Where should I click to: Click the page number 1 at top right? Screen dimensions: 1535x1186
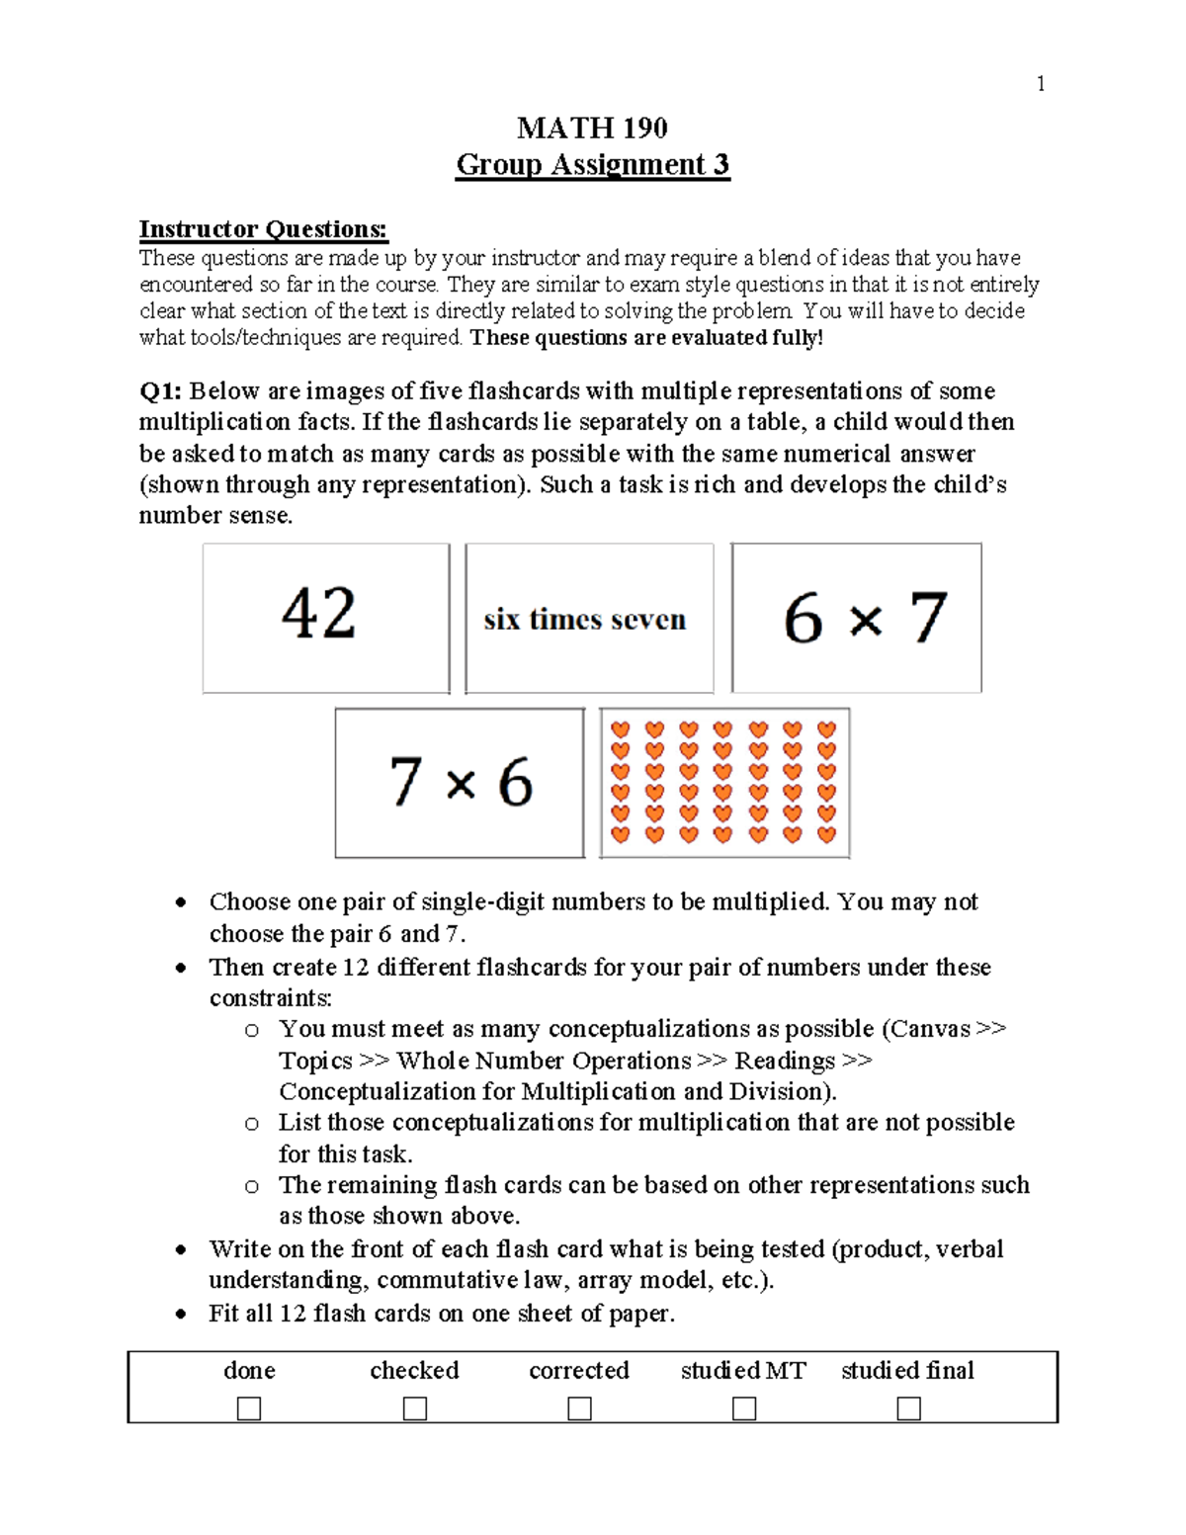pos(1040,84)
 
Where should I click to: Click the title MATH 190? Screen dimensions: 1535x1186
pos(592,128)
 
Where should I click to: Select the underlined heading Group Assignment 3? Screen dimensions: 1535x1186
pos(592,164)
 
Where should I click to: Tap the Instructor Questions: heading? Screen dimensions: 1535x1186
pos(263,229)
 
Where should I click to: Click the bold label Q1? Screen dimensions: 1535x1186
pos(159,391)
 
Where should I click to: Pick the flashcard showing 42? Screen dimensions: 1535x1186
pos(326,618)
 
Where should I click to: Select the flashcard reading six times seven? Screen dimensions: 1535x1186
pos(589,619)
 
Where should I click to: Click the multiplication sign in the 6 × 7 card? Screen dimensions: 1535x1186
pos(865,621)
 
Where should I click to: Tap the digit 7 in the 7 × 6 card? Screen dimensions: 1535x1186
pos(405,782)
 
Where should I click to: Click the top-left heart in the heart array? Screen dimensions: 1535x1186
pos(621,729)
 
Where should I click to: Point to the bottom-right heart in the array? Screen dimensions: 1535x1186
pos(827,834)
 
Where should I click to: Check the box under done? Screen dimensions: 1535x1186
pos(249,1407)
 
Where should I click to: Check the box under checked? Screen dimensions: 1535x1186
pos(415,1407)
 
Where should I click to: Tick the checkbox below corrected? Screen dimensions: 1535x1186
pos(579,1407)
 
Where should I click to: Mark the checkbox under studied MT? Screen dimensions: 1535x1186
pos(744,1407)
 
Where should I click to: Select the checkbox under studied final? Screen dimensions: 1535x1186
pos(908,1407)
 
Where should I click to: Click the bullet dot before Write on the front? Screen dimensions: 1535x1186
pos(180,1249)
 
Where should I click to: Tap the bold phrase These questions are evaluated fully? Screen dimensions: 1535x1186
pos(646,338)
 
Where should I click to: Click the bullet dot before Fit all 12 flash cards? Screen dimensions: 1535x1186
pos(180,1315)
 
